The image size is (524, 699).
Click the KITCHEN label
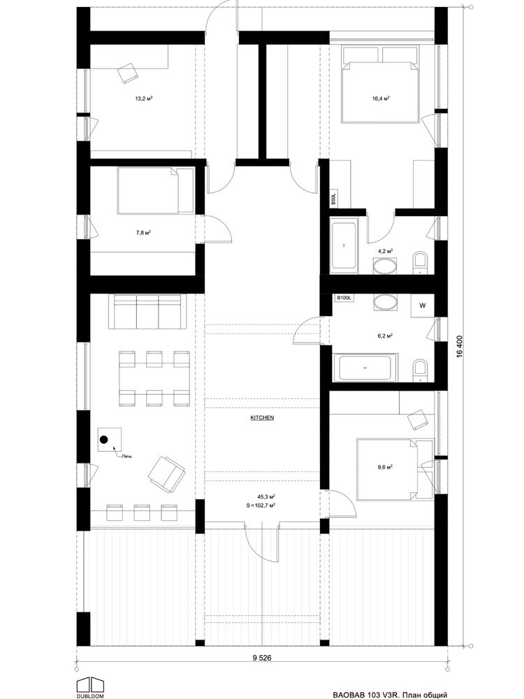coord(261,418)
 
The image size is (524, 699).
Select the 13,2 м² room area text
coord(144,98)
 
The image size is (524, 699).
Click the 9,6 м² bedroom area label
coord(384,467)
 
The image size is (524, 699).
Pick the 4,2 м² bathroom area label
coord(385,251)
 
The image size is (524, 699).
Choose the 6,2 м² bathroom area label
coord(385,336)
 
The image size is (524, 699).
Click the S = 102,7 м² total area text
coord(260,505)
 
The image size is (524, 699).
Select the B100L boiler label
coord(344,298)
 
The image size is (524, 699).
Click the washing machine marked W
coord(423,305)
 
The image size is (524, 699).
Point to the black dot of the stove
coord(104,440)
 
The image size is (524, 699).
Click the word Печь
coord(127,456)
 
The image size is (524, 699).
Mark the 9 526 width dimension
coord(261,658)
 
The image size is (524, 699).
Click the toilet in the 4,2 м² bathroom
coord(420,263)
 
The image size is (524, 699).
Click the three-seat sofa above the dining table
coord(148,312)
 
